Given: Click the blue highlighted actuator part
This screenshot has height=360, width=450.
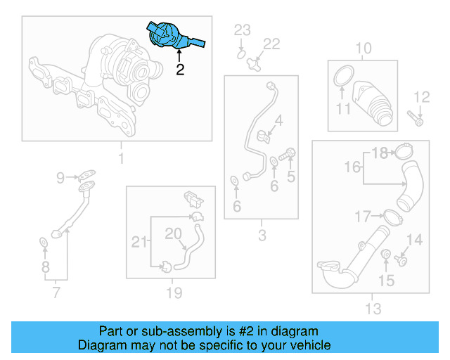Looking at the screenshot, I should point(171,36).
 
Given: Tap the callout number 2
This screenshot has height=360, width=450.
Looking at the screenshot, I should point(180,70).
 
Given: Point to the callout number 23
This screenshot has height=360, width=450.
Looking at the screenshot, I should point(242,30).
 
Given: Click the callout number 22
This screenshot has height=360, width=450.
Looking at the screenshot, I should point(271,44).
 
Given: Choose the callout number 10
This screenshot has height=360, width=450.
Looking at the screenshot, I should point(363,49).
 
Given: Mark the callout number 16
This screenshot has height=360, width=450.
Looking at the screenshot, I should point(354,167).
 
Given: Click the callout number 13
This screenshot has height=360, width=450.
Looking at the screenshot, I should point(373,308).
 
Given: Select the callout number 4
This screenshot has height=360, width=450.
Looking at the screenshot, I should point(279,121).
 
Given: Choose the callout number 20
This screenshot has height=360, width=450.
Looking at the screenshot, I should point(173,233).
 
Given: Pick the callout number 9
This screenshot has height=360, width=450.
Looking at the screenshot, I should point(60,177).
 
